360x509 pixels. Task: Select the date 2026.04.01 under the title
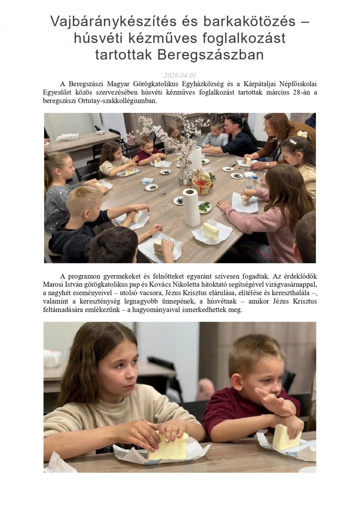(180, 76)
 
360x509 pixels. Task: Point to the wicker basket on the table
(202, 183)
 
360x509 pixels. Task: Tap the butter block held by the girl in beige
(168, 445)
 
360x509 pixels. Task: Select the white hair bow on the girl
(302, 134)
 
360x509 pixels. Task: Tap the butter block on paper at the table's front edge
(210, 232)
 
